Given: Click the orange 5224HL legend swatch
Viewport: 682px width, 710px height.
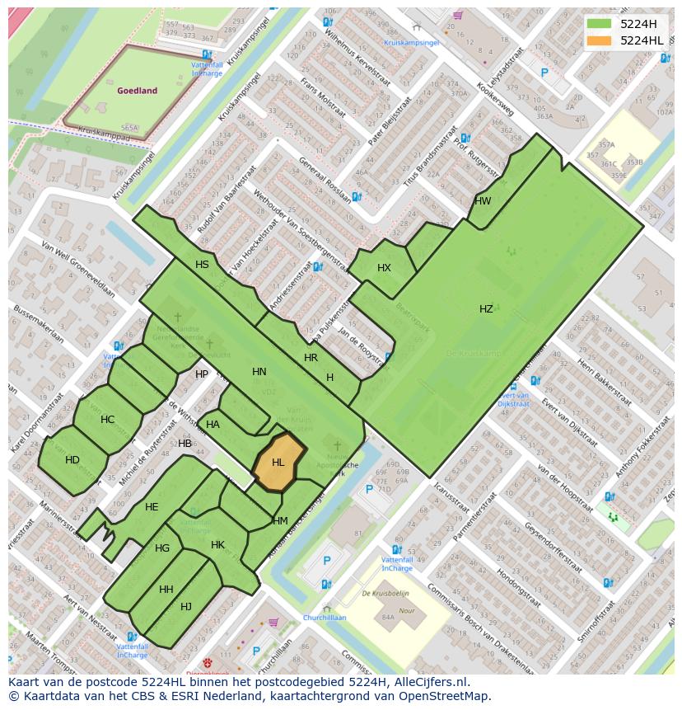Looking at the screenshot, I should [x=600, y=40].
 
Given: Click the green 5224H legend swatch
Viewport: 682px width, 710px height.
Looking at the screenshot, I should [x=600, y=23].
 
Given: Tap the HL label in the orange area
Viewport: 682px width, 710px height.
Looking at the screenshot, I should [x=278, y=463].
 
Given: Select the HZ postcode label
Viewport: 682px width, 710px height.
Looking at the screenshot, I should [x=486, y=309].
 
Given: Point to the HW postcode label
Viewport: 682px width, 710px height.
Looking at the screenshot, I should [x=483, y=201].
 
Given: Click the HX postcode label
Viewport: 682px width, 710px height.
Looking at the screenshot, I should [x=384, y=268].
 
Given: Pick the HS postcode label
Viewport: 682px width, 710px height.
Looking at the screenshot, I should [x=202, y=265].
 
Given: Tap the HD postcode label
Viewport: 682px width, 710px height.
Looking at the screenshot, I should [x=72, y=460].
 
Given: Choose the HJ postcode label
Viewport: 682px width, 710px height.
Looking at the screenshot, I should [x=186, y=607].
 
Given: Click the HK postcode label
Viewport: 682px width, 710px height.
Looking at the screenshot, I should [x=217, y=545].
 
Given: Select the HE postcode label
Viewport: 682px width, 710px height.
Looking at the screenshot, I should [x=152, y=507].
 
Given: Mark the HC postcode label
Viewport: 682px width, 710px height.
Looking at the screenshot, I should [x=107, y=420].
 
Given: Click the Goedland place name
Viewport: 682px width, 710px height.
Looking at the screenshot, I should [x=137, y=92].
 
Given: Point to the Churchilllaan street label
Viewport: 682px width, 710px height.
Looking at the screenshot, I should [x=324, y=618].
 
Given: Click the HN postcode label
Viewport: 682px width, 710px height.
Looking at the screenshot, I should [x=259, y=372].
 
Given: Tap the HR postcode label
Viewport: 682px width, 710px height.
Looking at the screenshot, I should [x=311, y=358].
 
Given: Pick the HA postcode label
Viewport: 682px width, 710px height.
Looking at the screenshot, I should [x=213, y=425].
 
